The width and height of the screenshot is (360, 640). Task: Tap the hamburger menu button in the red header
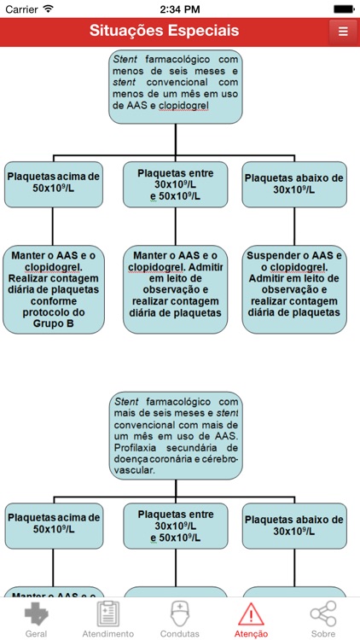[x=342, y=32]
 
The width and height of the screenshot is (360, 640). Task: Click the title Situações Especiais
[x=164, y=31]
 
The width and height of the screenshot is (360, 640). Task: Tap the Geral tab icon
[x=36, y=614]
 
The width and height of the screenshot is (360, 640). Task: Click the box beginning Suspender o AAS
[x=294, y=283]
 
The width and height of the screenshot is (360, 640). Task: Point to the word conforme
[x=53, y=300]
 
